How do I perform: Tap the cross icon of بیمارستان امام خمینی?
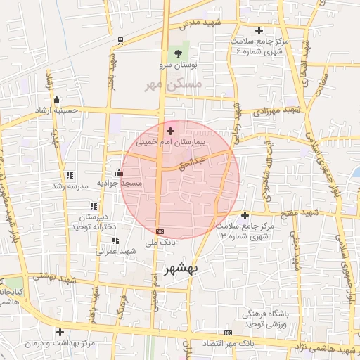(170, 131)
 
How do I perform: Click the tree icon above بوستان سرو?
(178, 53)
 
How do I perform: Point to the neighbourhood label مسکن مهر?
(172, 84)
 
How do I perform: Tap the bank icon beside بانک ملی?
(160, 232)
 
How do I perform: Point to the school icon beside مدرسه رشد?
(69, 175)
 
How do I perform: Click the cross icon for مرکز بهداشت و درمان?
(60, 332)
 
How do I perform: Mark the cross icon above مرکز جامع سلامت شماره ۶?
(259, 30)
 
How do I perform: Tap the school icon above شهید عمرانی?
(115, 240)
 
